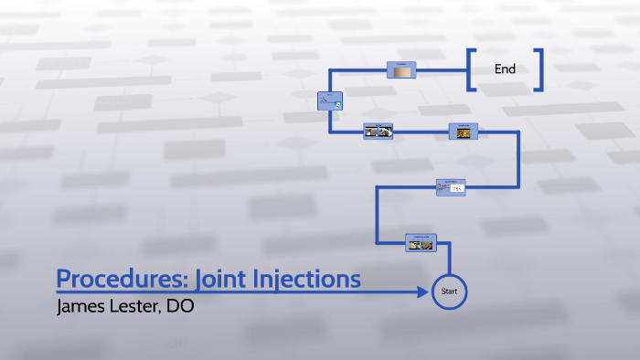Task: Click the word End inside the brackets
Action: click(505, 69)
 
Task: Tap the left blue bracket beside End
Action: click(470, 69)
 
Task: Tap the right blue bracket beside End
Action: click(540, 69)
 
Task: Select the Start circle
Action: click(449, 291)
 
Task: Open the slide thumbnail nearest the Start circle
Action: click(421, 242)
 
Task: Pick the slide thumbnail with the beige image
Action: click(401, 69)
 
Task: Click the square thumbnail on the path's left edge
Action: click(329, 102)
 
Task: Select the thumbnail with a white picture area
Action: click(450, 186)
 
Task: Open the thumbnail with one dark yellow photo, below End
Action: click(464, 131)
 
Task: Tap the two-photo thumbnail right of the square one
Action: click(378, 131)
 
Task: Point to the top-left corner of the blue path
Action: click(329, 69)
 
